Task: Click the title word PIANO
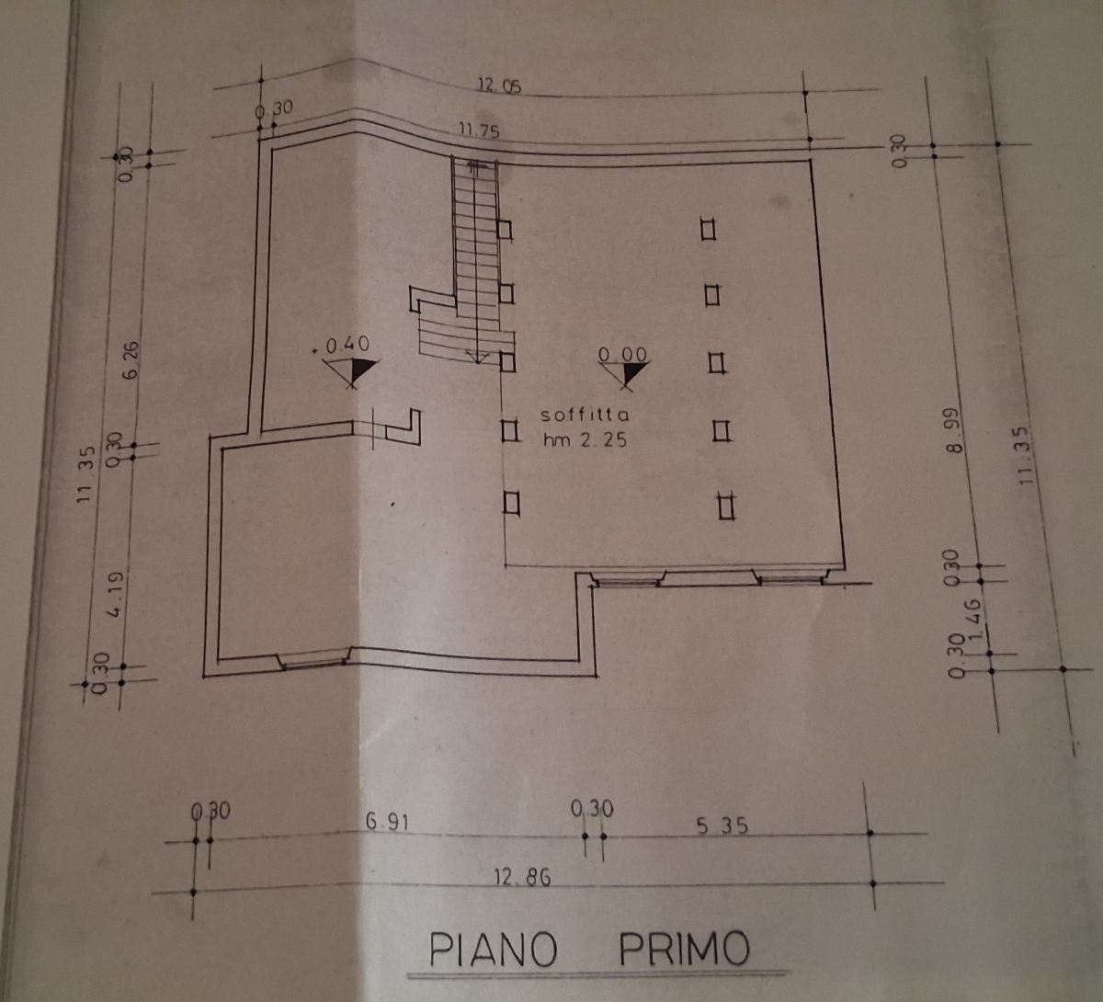494,949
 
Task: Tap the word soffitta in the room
585,416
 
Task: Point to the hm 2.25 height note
585,439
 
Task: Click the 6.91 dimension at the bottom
386,823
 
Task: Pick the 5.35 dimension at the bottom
722,826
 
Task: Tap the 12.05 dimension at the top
498,86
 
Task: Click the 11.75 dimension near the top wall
479,131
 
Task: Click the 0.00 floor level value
622,354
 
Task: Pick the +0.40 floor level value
346,345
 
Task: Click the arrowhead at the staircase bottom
477,357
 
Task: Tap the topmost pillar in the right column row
708,229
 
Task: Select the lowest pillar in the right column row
726,507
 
